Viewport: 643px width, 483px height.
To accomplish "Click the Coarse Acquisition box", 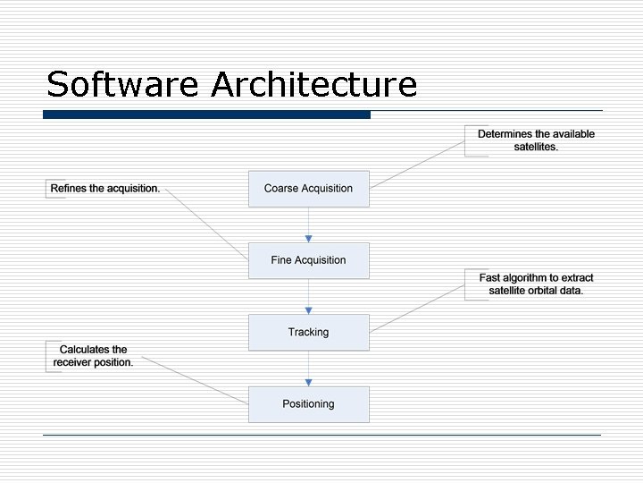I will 308,189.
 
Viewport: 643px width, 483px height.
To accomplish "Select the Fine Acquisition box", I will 308,260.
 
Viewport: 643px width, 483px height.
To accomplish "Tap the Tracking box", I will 308,332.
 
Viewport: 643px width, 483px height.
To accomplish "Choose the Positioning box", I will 308,404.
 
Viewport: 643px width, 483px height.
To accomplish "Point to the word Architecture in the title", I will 314,85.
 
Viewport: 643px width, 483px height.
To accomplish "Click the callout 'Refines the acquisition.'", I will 105,189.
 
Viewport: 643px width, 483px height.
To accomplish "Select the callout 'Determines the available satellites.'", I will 536,140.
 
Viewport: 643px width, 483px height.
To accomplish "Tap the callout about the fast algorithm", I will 536,284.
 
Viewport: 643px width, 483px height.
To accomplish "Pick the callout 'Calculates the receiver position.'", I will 93,356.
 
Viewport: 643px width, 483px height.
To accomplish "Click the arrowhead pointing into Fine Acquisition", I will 308,238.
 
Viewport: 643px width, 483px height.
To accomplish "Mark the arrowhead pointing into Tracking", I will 308,309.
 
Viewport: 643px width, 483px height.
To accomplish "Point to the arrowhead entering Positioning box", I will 308,382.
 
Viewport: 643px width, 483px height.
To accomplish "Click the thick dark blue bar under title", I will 206,114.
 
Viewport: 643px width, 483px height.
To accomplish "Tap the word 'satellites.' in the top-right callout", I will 536,147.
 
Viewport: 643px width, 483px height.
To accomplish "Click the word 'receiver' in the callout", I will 74,362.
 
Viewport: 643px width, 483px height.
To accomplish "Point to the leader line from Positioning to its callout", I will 196,380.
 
